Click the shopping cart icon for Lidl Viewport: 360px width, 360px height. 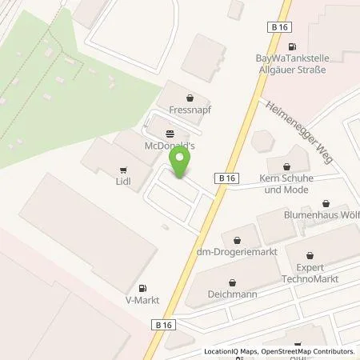tap(123, 170)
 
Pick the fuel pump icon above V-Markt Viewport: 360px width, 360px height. tap(142, 288)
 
